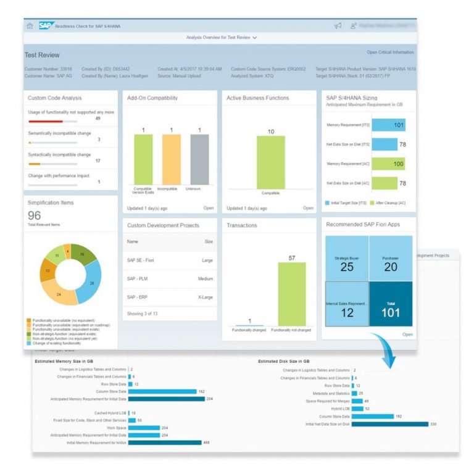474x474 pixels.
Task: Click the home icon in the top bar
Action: (x=30, y=26)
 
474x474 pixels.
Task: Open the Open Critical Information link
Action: (x=390, y=52)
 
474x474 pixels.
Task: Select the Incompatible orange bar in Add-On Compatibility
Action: (x=171, y=160)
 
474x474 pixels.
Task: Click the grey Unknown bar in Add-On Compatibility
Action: (x=199, y=160)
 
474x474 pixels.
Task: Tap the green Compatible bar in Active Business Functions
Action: (x=270, y=162)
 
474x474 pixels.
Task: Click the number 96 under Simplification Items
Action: (x=35, y=215)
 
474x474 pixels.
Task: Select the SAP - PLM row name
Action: (x=137, y=278)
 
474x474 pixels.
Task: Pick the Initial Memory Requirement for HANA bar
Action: (x=165, y=442)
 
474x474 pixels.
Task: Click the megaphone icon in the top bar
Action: (x=338, y=26)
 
